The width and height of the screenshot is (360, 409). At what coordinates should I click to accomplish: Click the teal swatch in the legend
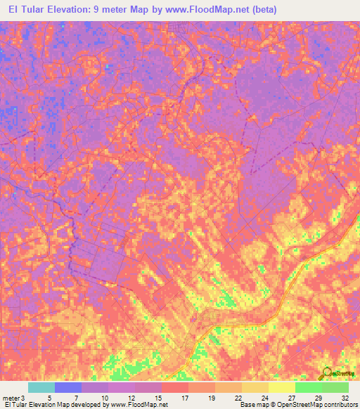click(41, 387)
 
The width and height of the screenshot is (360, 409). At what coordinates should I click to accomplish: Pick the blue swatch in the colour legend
click(68, 387)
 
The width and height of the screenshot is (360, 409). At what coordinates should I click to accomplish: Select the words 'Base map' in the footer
click(251, 405)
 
